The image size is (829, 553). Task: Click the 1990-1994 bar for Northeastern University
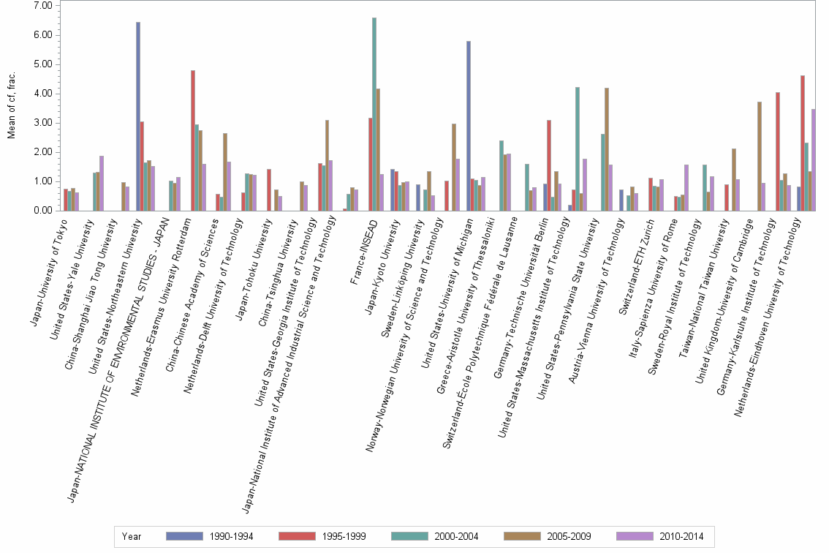(138, 116)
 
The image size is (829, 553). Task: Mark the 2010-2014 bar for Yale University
(102, 183)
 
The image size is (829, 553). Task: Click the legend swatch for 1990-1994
(185, 536)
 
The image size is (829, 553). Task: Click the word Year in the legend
(132, 536)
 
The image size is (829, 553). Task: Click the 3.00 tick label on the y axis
(43, 123)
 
